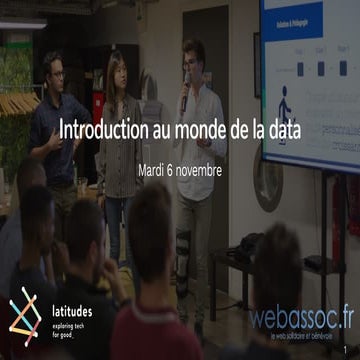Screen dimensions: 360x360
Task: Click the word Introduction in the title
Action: (x=97, y=130)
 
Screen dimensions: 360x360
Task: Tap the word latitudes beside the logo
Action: (x=74, y=296)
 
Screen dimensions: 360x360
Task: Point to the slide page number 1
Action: (x=354, y=351)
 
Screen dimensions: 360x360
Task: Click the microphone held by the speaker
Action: (x=186, y=92)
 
